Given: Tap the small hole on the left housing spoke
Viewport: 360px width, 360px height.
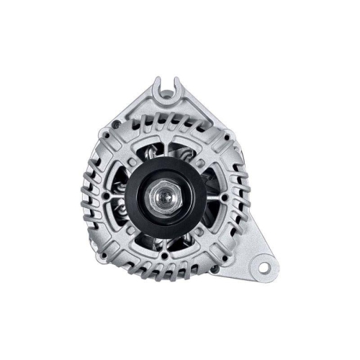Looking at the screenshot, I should click(108, 194).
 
